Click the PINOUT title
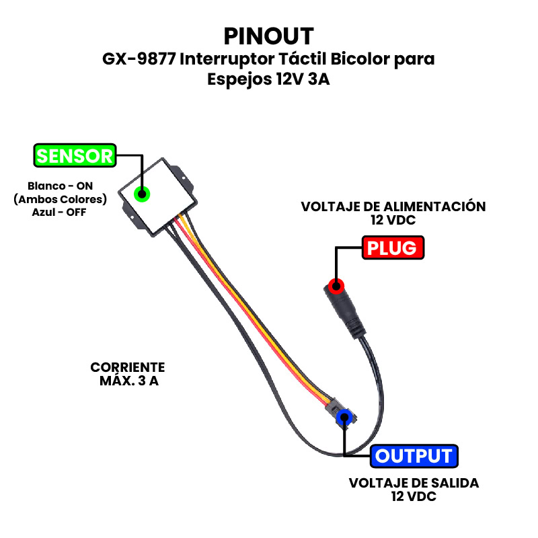pyautogui.click(x=268, y=36)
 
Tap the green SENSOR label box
pyautogui.click(x=75, y=155)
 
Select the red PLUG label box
pyautogui.click(x=393, y=247)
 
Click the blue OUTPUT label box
pyautogui.click(x=414, y=456)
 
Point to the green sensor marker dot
pyautogui.click(x=142, y=194)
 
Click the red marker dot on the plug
pyautogui.click(x=336, y=286)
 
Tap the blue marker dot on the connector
pyautogui.click(x=344, y=418)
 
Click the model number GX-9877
pyautogui.click(x=139, y=59)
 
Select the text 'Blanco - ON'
pyautogui.click(x=60, y=186)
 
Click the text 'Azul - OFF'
pyautogui.click(x=59, y=213)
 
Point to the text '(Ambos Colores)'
pyautogui.click(x=60, y=199)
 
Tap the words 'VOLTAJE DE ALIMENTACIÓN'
pyautogui.click(x=393, y=206)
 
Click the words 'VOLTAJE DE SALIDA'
pyautogui.click(x=414, y=483)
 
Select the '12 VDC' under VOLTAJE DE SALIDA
pyautogui.click(x=414, y=496)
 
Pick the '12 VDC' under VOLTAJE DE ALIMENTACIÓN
pyautogui.click(x=393, y=220)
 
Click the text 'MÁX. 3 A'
pyautogui.click(x=129, y=381)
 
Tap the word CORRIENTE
pyautogui.click(x=128, y=367)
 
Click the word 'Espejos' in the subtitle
pyautogui.click(x=239, y=79)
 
